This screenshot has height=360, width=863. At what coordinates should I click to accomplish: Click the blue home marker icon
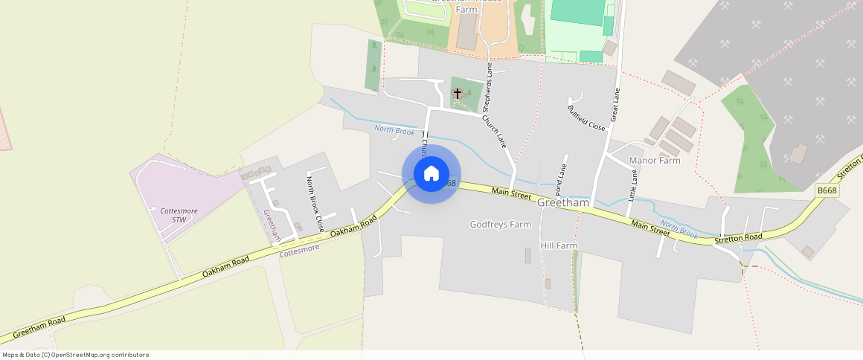pos(431,174)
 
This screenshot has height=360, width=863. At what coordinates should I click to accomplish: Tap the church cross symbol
pos(458,93)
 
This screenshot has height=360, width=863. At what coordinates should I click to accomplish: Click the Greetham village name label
pos(562,202)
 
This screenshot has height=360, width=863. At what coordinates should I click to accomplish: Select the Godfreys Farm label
pos(500,224)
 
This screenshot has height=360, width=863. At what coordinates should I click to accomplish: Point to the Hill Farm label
pos(559,245)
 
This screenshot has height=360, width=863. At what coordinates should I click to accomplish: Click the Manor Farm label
pos(655,160)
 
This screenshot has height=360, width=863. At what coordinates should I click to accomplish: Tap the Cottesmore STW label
pos(179,215)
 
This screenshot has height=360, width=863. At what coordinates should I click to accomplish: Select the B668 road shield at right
pos(827,190)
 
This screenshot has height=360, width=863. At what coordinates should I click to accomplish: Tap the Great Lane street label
pos(615,104)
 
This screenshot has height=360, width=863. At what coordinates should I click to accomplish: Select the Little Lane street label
pos(634,186)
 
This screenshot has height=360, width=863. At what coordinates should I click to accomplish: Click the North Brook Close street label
pos(315,203)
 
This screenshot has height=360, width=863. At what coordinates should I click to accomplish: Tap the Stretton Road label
pos(738,237)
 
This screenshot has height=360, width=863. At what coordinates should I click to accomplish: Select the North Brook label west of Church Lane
pos(394,131)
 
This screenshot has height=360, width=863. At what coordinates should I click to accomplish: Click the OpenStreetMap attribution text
pos(76,355)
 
